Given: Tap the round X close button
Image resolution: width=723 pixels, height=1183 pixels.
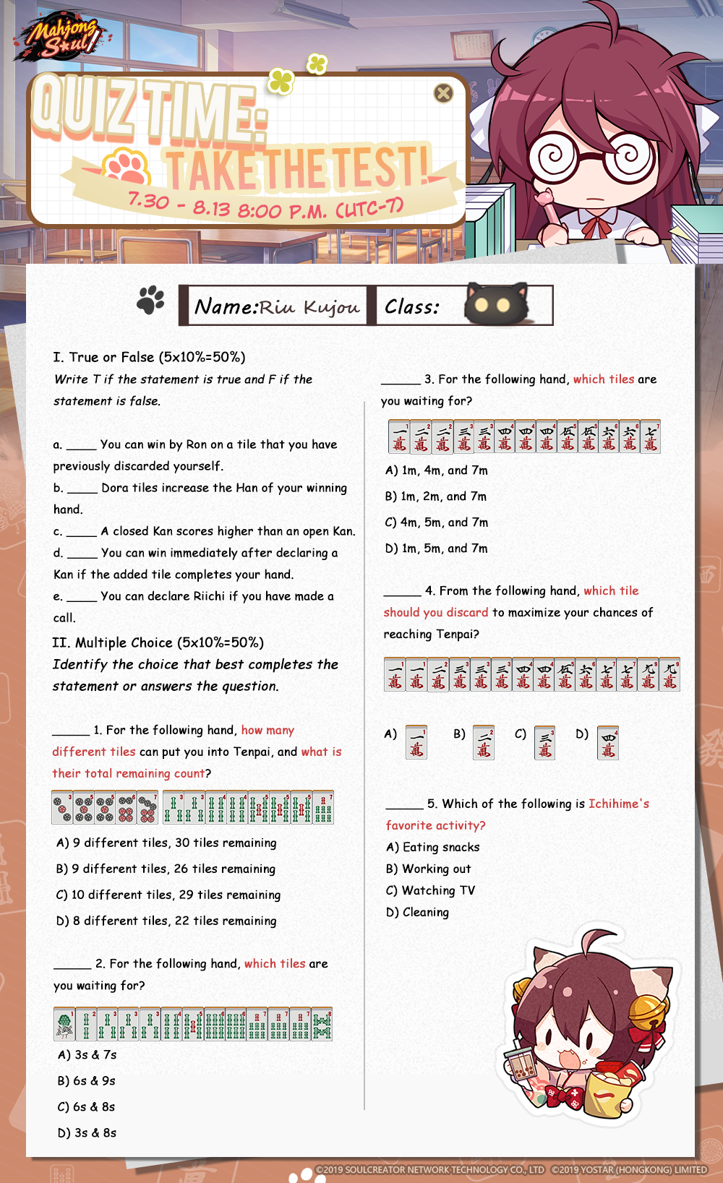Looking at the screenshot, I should (x=443, y=93).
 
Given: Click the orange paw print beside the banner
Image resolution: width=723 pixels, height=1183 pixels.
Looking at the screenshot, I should (x=127, y=167).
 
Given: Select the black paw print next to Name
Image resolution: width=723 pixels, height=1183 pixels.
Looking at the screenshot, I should (x=151, y=300).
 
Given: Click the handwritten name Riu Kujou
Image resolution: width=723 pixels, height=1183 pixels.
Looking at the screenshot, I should (x=309, y=307).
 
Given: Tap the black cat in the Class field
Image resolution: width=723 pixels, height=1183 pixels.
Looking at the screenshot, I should (x=496, y=304).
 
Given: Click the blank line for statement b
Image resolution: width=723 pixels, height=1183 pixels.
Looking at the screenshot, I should (x=82, y=489).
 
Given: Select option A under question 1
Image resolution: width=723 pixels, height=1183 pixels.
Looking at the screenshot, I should (x=166, y=843).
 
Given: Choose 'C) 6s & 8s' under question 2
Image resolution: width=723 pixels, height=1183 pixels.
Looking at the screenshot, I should (x=87, y=1106).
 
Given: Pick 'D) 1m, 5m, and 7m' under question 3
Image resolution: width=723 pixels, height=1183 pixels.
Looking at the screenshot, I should (x=437, y=549).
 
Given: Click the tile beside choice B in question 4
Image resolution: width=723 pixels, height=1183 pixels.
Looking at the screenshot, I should (x=484, y=742).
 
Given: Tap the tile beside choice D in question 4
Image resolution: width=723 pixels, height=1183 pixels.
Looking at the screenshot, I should (x=608, y=742).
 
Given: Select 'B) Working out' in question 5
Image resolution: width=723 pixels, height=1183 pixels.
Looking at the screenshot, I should (x=429, y=869).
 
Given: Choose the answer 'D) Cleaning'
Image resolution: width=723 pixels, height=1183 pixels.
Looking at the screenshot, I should (x=418, y=912).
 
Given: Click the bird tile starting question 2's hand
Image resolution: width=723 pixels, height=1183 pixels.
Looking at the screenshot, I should (x=64, y=1024).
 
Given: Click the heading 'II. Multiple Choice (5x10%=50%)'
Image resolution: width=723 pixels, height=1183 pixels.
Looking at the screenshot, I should (x=158, y=642).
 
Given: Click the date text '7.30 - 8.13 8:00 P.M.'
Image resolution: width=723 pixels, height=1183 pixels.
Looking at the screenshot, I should (x=265, y=207).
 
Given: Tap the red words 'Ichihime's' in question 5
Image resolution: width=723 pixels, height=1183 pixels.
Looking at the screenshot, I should (x=619, y=804).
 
